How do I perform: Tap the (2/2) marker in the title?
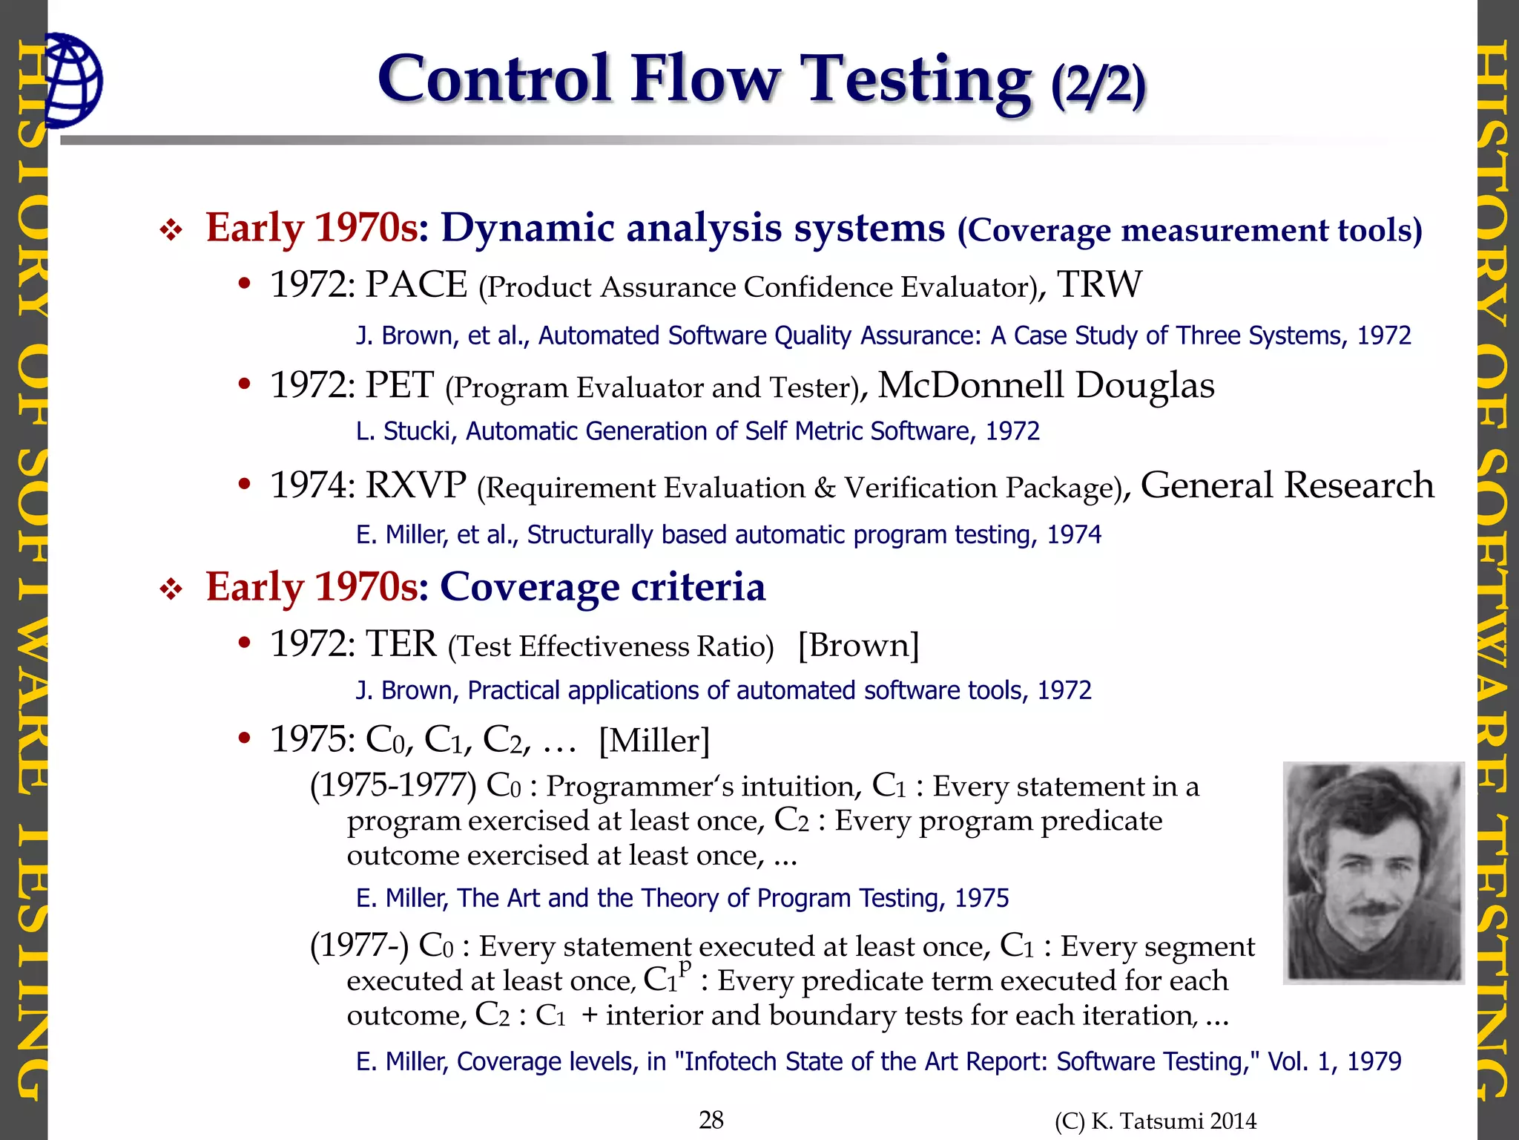tap(1098, 85)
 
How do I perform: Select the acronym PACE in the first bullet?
tap(416, 285)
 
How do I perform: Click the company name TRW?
tap(1099, 285)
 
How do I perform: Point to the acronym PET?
tap(399, 386)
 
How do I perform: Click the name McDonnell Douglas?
tap(1046, 386)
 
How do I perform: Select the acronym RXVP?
tap(415, 486)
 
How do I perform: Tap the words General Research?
tap(1287, 486)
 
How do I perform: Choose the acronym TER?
tap(401, 644)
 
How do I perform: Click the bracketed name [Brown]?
tap(858, 645)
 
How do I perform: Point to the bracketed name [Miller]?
tap(654, 740)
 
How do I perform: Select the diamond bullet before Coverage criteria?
tap(171, 590)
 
